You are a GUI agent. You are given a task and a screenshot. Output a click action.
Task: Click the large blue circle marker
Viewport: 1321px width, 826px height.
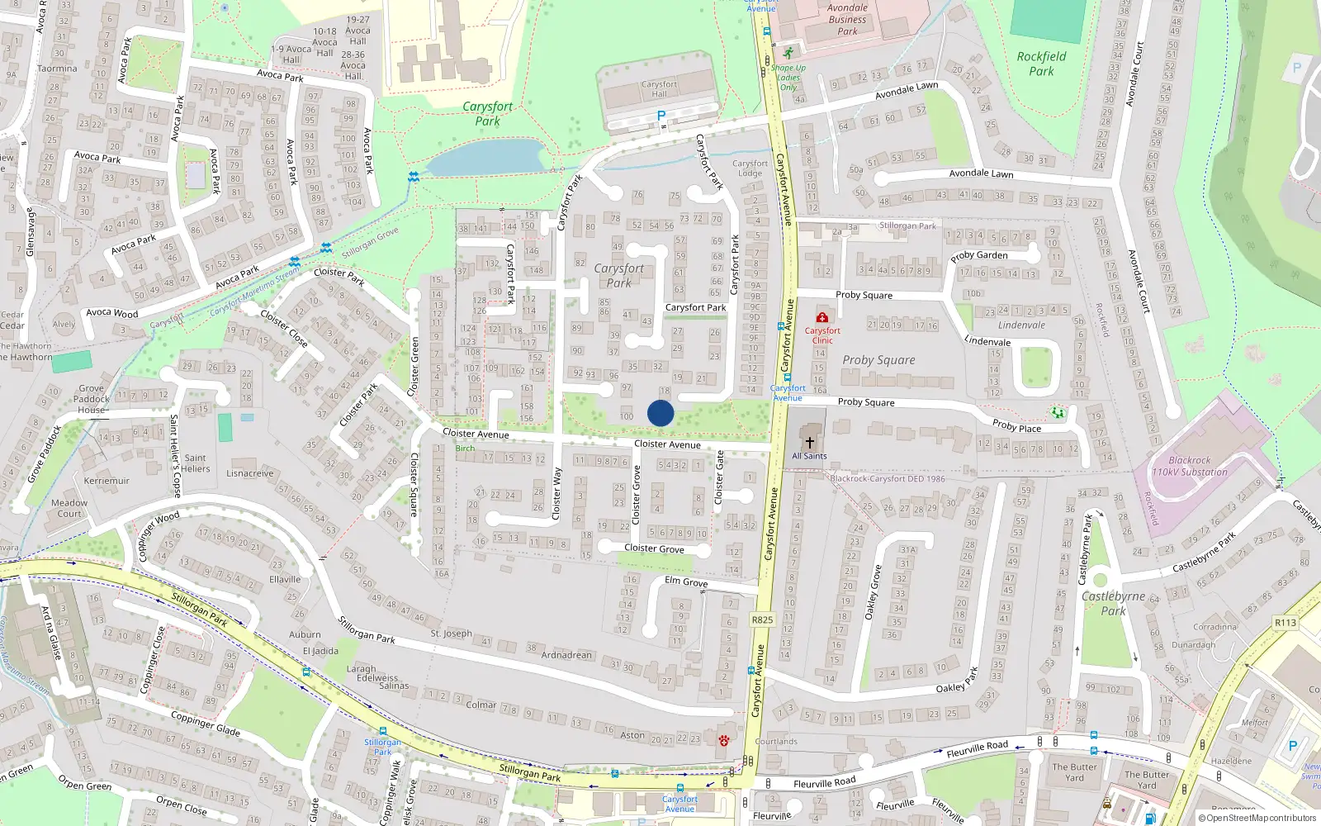660,413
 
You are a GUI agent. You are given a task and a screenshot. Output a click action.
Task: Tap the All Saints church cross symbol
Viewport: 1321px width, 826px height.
809,443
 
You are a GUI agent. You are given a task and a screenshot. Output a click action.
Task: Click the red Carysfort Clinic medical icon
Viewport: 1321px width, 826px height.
821,317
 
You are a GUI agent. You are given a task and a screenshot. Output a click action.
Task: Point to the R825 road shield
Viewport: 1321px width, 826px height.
762,619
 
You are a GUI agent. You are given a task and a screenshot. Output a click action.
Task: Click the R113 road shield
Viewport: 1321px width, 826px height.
1285,623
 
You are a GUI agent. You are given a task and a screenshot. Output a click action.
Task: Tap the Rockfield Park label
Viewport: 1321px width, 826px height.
1041,64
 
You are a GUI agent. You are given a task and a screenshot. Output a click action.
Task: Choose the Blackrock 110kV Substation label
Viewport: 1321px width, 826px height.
1190,467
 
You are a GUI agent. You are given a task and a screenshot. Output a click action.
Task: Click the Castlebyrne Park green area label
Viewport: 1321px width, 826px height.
1113,603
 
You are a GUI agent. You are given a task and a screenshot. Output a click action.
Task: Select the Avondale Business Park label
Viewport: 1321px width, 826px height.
847,20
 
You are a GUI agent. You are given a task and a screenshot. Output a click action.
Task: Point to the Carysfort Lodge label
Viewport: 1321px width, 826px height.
750,169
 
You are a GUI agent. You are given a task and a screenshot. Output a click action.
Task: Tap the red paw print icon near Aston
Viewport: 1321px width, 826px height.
724,740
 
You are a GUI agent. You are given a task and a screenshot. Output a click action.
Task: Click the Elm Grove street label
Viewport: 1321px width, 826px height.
686,582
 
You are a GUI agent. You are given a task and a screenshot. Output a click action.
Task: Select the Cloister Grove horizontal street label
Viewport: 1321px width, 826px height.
654,548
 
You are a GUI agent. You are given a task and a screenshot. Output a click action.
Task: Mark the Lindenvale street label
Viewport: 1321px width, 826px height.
987,341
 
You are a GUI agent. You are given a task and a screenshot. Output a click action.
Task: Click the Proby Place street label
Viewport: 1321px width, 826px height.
1016,425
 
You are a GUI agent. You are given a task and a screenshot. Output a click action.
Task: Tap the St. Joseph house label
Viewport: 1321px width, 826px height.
451,634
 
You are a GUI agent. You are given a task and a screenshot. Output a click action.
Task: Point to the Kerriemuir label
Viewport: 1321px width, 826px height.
107,481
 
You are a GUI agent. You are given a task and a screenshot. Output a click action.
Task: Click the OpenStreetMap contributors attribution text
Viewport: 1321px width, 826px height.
1257,818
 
